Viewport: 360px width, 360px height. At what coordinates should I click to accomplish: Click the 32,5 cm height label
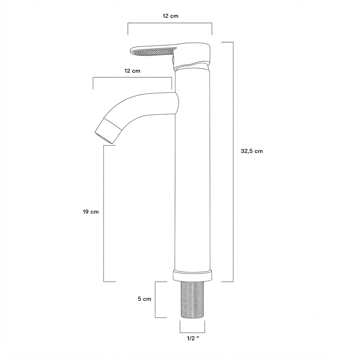[252, 151]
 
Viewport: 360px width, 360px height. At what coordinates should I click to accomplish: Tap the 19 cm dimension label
[91, 212]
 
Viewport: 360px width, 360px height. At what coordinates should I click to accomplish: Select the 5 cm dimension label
[144, 299]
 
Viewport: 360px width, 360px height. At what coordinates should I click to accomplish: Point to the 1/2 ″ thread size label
[193, 338]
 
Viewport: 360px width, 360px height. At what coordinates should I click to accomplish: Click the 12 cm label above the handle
[171, 16]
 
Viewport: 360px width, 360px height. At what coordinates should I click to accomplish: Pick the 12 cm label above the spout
[132, 71]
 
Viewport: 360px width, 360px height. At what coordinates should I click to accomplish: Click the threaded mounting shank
[192, 300]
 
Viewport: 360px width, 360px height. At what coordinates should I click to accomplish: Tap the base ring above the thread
[192, 276]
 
